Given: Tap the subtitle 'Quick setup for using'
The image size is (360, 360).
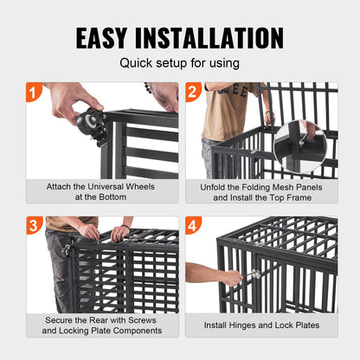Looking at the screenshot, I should [x=180, y=63].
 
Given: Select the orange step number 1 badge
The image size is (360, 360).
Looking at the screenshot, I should [x=34, y=90].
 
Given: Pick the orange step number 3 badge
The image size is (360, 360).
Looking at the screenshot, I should [x=34, y=224].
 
